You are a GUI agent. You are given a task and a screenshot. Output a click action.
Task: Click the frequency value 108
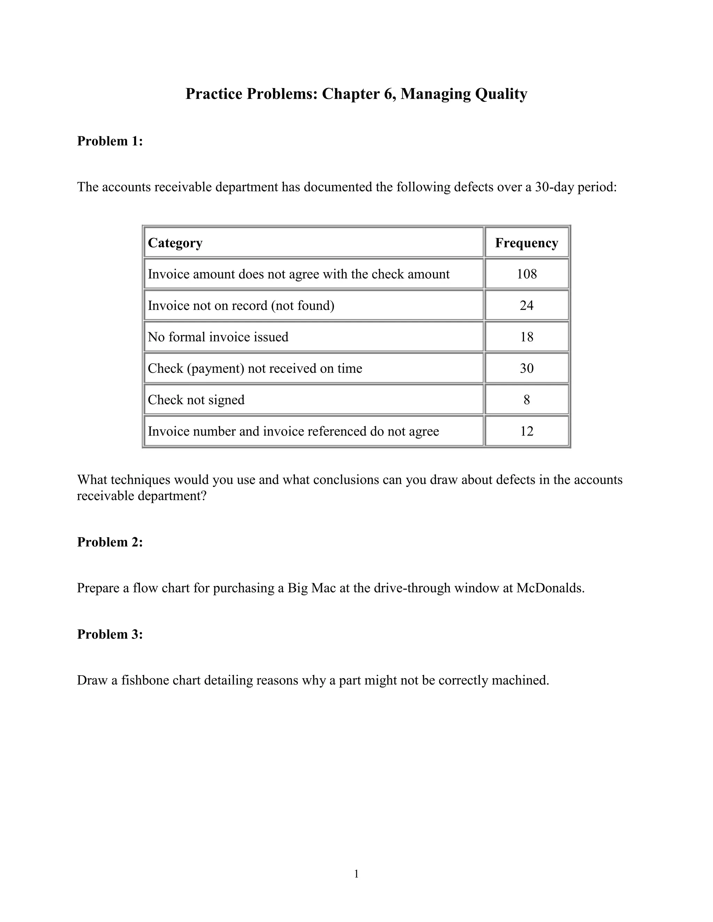[526, 274]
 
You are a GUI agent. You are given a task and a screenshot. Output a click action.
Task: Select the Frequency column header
[526, 243]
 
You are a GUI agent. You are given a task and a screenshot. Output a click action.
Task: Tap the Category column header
[175, 243]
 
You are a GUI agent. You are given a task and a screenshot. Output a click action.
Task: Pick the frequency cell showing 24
[526, 305]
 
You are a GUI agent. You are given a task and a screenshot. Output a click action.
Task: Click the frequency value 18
[526, 337]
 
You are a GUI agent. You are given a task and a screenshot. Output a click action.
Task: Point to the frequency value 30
[526, 368]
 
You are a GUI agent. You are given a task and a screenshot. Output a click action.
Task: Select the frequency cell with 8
[526, 400]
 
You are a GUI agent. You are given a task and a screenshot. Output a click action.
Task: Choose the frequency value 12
[526, 431]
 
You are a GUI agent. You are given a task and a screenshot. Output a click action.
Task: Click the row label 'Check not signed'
[196, 400]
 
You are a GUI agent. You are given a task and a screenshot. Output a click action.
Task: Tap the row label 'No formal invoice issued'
[218, 337]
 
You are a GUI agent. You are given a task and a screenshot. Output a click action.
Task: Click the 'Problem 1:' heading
[110, 141]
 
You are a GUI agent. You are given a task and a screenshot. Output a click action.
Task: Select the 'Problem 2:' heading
[110, 542]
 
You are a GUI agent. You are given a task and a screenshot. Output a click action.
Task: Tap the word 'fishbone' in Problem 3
[139, 681]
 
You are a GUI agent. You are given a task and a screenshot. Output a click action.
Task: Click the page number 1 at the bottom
[356, 874]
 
